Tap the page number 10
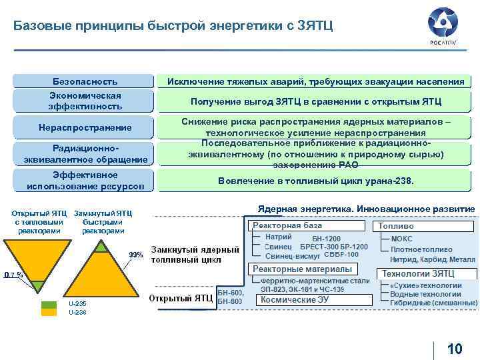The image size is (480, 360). pyautogui.click(x=455, y=349)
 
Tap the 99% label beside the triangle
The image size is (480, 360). pyautogui.click(x=136, y=255)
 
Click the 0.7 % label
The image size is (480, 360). pyautogui.click(x=12, y=274)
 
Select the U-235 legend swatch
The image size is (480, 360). pyautogui.click(x=49, y=304)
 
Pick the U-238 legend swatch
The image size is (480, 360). pyautogui.click(x=49, y=312)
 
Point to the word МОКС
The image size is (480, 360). pyautogui.click(x=401, y=239)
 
